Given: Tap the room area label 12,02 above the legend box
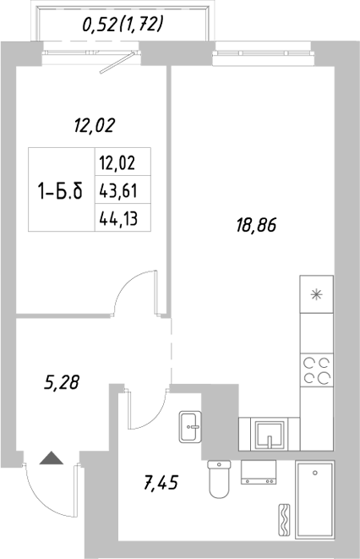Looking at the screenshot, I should pyautogui.click(x=94, y=127).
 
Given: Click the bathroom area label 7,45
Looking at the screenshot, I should pyautogui.click(x=163, y=485).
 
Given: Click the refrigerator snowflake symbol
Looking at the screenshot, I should pyautogui.click(x=317, y=294).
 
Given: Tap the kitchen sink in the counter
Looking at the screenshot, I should pyautogui.click(x=268, y=434).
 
